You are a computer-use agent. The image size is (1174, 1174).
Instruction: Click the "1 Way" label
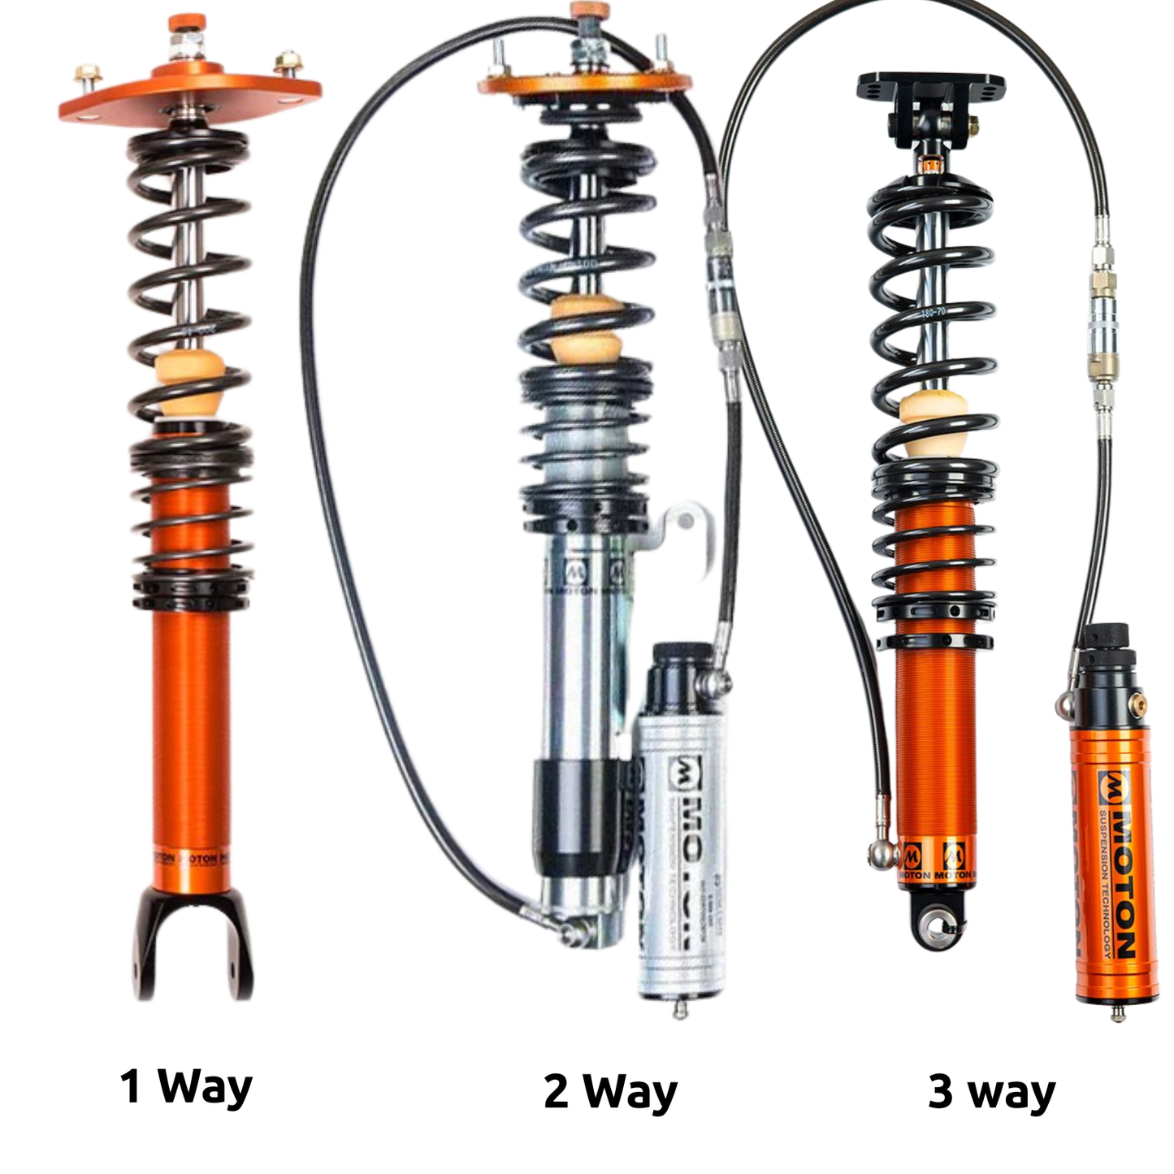click(186, 1086)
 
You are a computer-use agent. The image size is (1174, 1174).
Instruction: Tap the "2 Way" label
click(610, 1091)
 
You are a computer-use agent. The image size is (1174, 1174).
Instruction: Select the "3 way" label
click(991, 1091)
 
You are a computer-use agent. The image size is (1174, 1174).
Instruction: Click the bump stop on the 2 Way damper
click(586, 329)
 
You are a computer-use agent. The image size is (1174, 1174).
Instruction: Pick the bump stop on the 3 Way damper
click(931, 422)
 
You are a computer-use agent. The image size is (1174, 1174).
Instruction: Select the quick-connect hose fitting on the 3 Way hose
click(1102, 325)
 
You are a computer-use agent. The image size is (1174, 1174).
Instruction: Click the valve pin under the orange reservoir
click(1119, 1012)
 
